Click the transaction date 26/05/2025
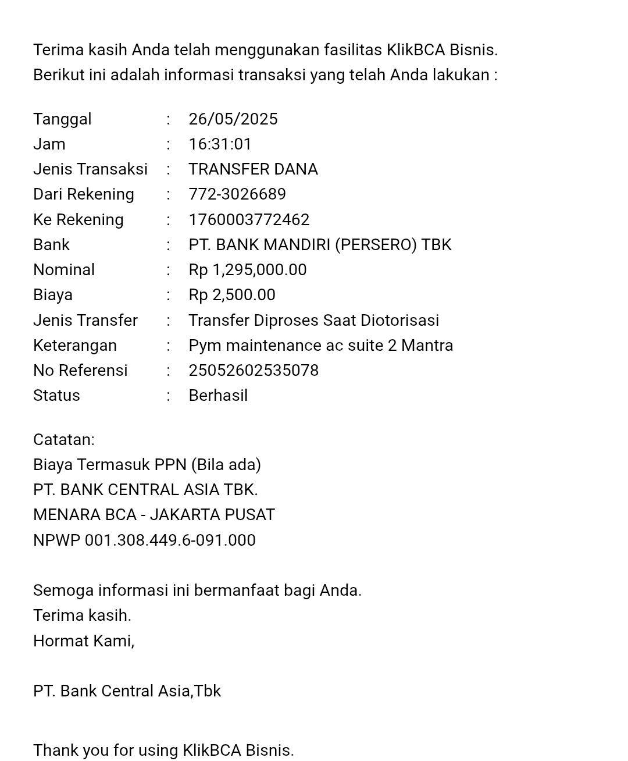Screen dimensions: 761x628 233,119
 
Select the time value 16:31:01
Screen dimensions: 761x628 220,144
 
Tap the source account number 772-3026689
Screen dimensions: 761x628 237,194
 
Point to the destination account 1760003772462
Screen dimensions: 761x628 249,220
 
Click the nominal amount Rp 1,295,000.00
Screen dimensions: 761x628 248,270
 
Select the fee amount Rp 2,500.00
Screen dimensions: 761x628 232,295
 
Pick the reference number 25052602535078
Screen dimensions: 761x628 254,371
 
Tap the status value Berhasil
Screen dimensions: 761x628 218,396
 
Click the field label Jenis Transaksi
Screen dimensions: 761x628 90,169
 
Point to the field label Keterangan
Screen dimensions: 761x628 75,346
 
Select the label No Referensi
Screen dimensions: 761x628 80,371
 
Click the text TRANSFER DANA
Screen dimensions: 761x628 253,169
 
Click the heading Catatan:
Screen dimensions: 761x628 64,440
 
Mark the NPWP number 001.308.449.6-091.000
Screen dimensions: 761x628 170,540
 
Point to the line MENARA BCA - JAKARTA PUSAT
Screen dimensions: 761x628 154,515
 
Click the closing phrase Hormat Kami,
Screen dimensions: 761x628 84,641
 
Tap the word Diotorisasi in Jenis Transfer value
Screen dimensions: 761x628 399,321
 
